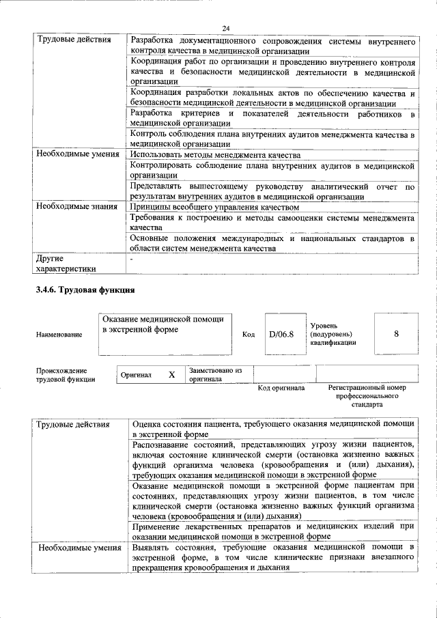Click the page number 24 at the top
[x=226, y=27]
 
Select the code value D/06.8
[x=281, y=335]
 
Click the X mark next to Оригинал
[x=171, y=375]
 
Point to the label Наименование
[x=59, y=335]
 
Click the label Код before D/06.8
[x=248, y=335]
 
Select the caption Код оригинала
[x=281, y=388]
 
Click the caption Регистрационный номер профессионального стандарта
[x=367, y=395]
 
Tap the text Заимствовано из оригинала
[x=216, y=374]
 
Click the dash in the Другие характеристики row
[x=132, y=259]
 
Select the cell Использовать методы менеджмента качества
[x=216, y=155]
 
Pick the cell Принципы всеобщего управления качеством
[x=215, y=206]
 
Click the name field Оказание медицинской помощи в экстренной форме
[x=166, y=324]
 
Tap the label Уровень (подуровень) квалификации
[x=333, y=334]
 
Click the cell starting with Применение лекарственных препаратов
[x=272, y=531]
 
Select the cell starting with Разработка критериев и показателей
[x=272, y=117]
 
